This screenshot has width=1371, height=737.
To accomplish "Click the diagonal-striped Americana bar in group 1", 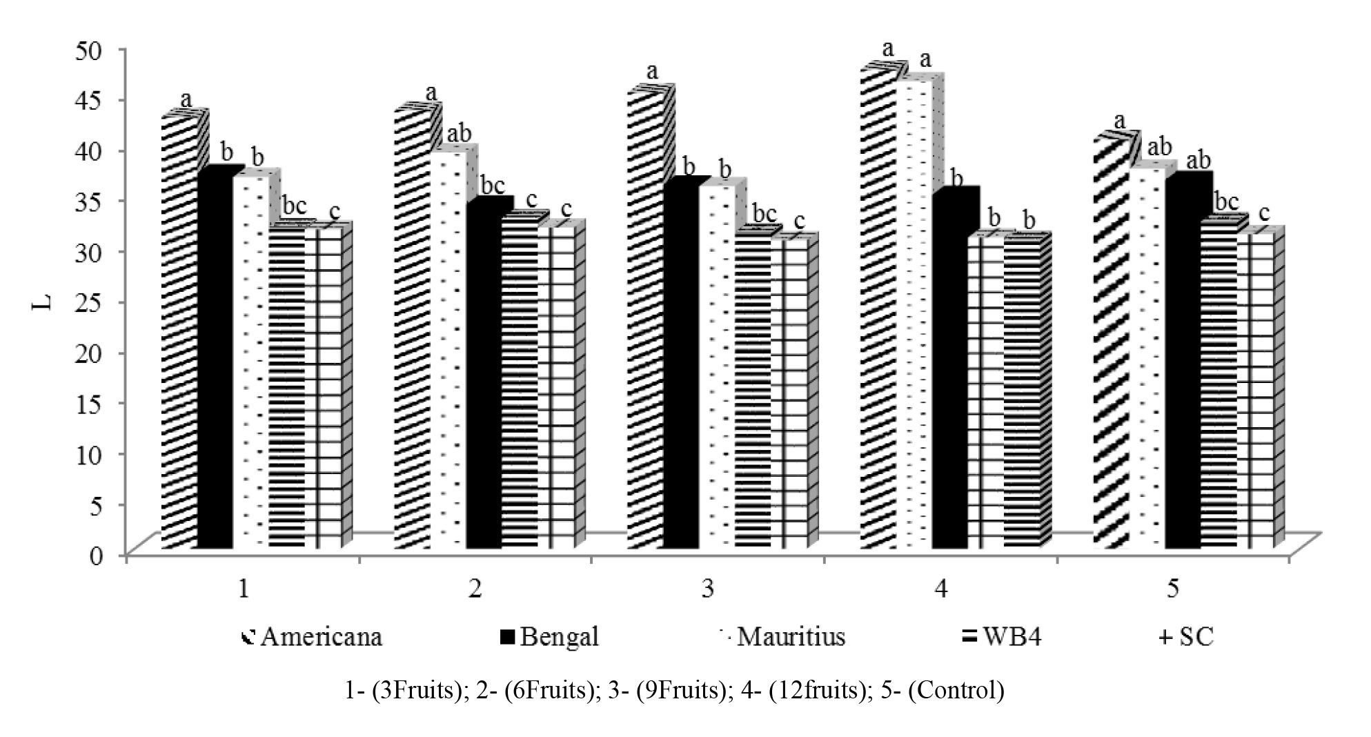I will pyautogui.click(x=179, y=331).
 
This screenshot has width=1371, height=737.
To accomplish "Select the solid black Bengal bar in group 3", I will pyautogui.click(x=680, y=366).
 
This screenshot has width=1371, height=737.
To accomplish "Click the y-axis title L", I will pyautogui.click(x=43, y=301).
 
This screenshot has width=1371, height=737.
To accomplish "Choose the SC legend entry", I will pyautogui.click(x=1186, y=636).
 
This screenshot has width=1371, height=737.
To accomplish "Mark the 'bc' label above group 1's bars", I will pyautogui.click(x=295, y=205).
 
